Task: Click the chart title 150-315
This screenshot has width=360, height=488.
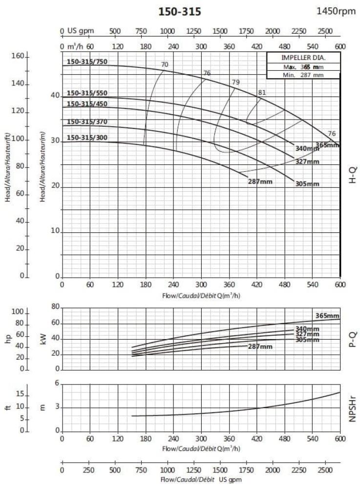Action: click(x=180, y=12)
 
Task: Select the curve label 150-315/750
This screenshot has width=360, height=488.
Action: click(x=87, y=62)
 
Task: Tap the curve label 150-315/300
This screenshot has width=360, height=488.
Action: click(x=87, y=138)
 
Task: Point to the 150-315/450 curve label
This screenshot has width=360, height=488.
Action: click(x=87, y=103)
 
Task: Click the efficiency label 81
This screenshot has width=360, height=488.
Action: click(x=262, y=93)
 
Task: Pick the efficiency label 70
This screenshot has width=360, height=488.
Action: click(x=165, y=64)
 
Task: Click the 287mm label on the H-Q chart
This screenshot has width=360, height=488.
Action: click(x=260, y=182)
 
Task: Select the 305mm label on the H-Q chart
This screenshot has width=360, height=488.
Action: click(x=307, y=184)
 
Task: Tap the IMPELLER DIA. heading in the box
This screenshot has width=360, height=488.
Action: click(x=303, y=58)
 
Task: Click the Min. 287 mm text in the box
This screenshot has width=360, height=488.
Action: click(x=303, y=75)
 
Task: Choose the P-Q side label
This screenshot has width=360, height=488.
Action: click(x=353, y=338)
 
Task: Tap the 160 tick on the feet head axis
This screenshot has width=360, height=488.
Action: click(x=18, y=57)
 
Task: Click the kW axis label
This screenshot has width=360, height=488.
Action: click(x=42, y=338)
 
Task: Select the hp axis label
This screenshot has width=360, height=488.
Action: click(x=8, y=338)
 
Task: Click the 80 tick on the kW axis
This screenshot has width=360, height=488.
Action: click(x=55, y=307)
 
